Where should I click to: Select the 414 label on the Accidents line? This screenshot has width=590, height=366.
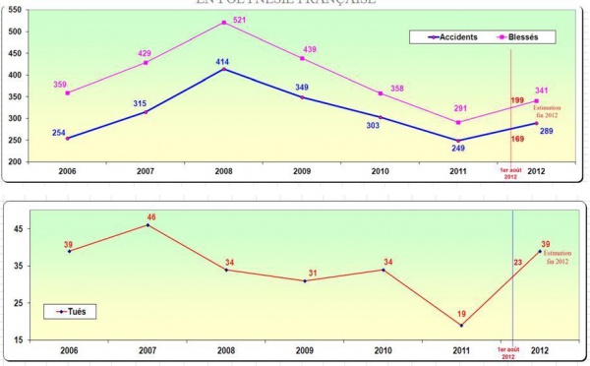[x=224, y=61]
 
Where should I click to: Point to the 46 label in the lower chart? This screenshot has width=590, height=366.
[x=149, y=215]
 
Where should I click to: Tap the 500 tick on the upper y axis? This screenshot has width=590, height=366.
[x=15, y=32]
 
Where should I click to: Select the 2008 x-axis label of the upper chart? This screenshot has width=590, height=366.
[x=225, y=170]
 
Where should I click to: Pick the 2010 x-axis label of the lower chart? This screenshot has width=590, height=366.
[x=383, y=349]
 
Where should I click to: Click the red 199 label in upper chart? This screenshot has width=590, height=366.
[x=517, y=100]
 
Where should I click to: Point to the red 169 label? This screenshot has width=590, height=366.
[x=517, y=139]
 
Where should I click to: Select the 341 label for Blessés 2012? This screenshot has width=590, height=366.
[x=543, y=90]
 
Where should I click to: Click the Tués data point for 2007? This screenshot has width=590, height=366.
[x=147, y=225]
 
